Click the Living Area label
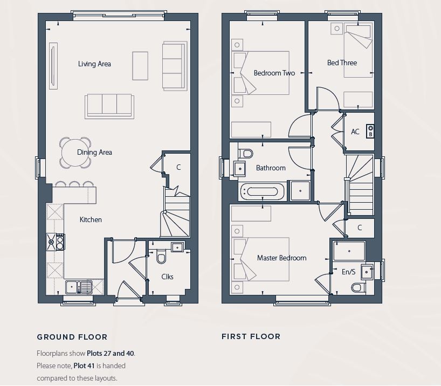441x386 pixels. coord(94,64)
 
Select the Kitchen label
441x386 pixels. coord(91,220)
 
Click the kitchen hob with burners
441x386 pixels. coord(56,242)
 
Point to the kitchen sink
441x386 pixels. coord(79,287)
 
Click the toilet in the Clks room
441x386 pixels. coord(161,258)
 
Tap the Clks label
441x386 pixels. coord(167,277)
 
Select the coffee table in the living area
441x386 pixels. coord(140,66)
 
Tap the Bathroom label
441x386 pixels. coord(271,168)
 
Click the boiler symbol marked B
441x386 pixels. coord(370,131)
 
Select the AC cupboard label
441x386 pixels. coord(355,132)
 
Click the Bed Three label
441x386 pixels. coord(342,63)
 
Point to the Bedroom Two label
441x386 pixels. coord(274,73)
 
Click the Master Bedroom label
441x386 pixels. coord(281,258)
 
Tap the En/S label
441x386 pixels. coord(348,272)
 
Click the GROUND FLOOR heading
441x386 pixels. coord(72,337)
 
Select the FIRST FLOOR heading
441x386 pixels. coord(251,336)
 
